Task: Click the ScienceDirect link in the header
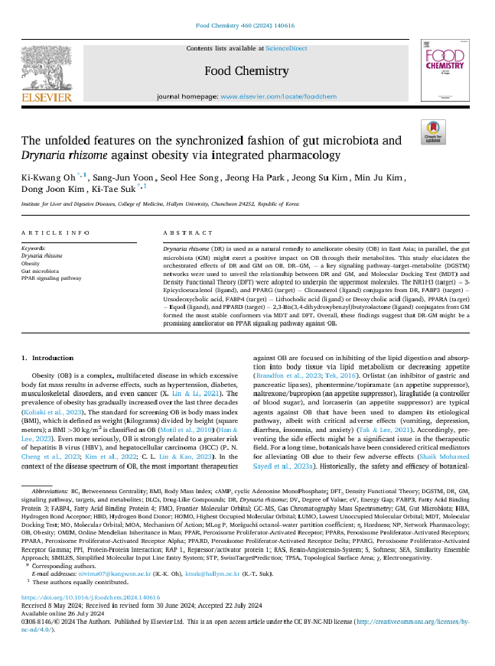click(286, 48)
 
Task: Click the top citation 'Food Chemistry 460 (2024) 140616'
click(246, 25)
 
